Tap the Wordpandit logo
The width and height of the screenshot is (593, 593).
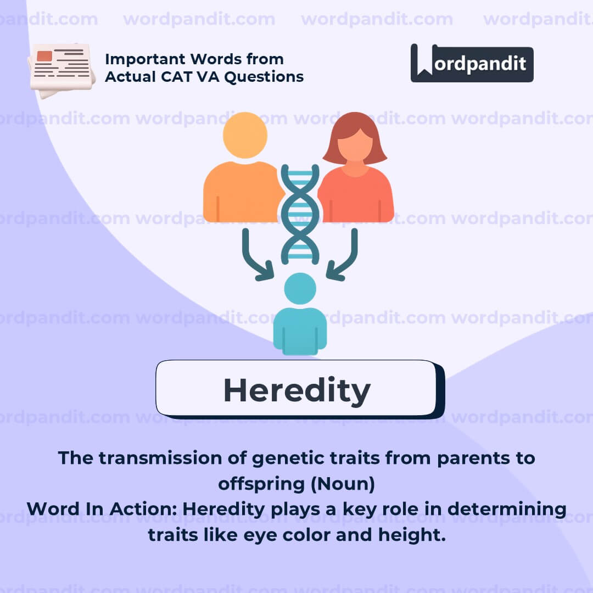point(472,63)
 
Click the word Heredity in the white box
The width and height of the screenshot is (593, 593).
point(297,391)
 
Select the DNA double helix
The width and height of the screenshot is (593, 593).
point(300,214)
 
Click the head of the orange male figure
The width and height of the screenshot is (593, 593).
point(245,135)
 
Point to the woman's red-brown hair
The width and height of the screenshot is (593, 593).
point(355,138)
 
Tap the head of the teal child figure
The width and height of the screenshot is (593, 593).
point(300,289)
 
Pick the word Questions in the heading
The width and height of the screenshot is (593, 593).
point(264,77)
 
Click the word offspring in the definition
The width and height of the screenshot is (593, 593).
point(261,485)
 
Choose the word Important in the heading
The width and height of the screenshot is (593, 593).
point(145,59)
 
